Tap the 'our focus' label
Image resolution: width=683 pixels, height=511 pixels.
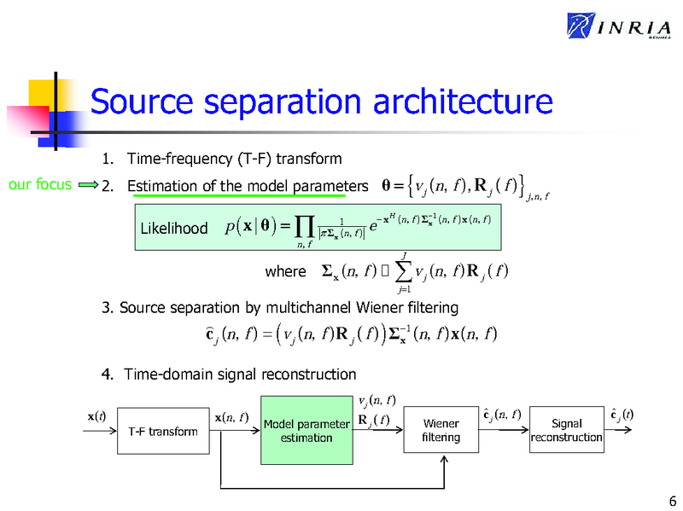coord(39,184)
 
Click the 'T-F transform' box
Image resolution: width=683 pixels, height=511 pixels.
coord(163,432)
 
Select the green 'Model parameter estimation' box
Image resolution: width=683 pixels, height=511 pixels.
coord(306,431)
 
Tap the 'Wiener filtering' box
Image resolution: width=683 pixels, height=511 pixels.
coord(441,431)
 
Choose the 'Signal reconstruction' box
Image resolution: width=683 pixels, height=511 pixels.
coord(566,431)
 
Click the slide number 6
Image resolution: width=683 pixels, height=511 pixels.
coord(672,500)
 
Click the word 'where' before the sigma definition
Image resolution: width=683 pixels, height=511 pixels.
coord(285,272)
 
